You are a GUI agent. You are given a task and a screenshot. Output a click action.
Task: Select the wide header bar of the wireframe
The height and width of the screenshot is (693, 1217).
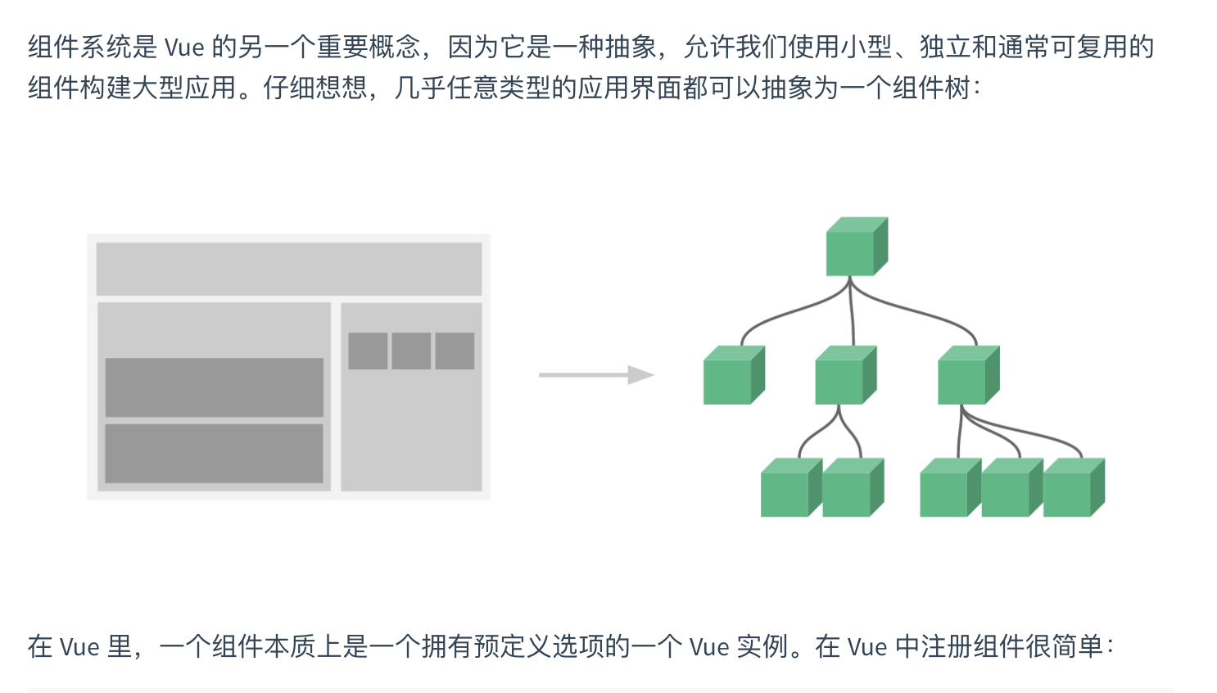(x=288, y=269)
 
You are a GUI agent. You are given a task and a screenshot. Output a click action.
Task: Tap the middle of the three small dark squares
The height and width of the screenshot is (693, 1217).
(x=411, y=351)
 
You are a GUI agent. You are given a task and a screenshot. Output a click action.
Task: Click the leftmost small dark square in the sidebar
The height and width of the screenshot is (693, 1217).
(x=368, y=351)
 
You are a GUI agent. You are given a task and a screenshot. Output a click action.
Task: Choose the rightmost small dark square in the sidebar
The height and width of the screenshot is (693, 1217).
(x=455, y=351)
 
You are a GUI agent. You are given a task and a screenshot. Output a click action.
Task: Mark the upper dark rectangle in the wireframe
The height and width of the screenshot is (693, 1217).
(x=214, y=387)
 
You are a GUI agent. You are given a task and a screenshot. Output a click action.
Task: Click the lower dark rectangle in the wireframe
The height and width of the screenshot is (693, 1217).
(x=214, y=453)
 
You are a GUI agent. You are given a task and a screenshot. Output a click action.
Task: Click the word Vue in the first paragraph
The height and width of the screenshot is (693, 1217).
(x=184, y=48)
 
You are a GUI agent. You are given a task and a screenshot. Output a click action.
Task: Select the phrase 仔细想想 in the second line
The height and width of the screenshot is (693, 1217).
(x=315, y=88)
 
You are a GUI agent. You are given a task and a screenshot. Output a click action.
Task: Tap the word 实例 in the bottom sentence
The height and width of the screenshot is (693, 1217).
(x=762, y=647)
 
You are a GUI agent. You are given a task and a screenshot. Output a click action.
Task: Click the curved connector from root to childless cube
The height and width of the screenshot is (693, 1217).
(x=786, y=315)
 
